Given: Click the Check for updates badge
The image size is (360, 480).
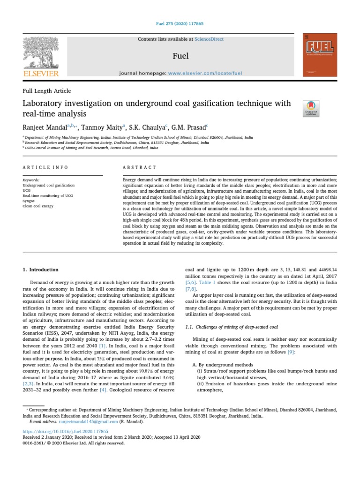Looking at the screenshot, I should [x=311, y=108].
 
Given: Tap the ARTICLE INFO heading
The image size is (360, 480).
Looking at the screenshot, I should [x=45, y=167].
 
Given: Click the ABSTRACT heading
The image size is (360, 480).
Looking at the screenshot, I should [x=139, y=167].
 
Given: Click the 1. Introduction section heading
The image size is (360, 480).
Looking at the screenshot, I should [x=41, y=270].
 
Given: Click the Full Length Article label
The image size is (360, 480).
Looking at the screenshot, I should [x=47, y=91].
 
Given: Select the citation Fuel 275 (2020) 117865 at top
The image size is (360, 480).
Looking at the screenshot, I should [x=180, y=23].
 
